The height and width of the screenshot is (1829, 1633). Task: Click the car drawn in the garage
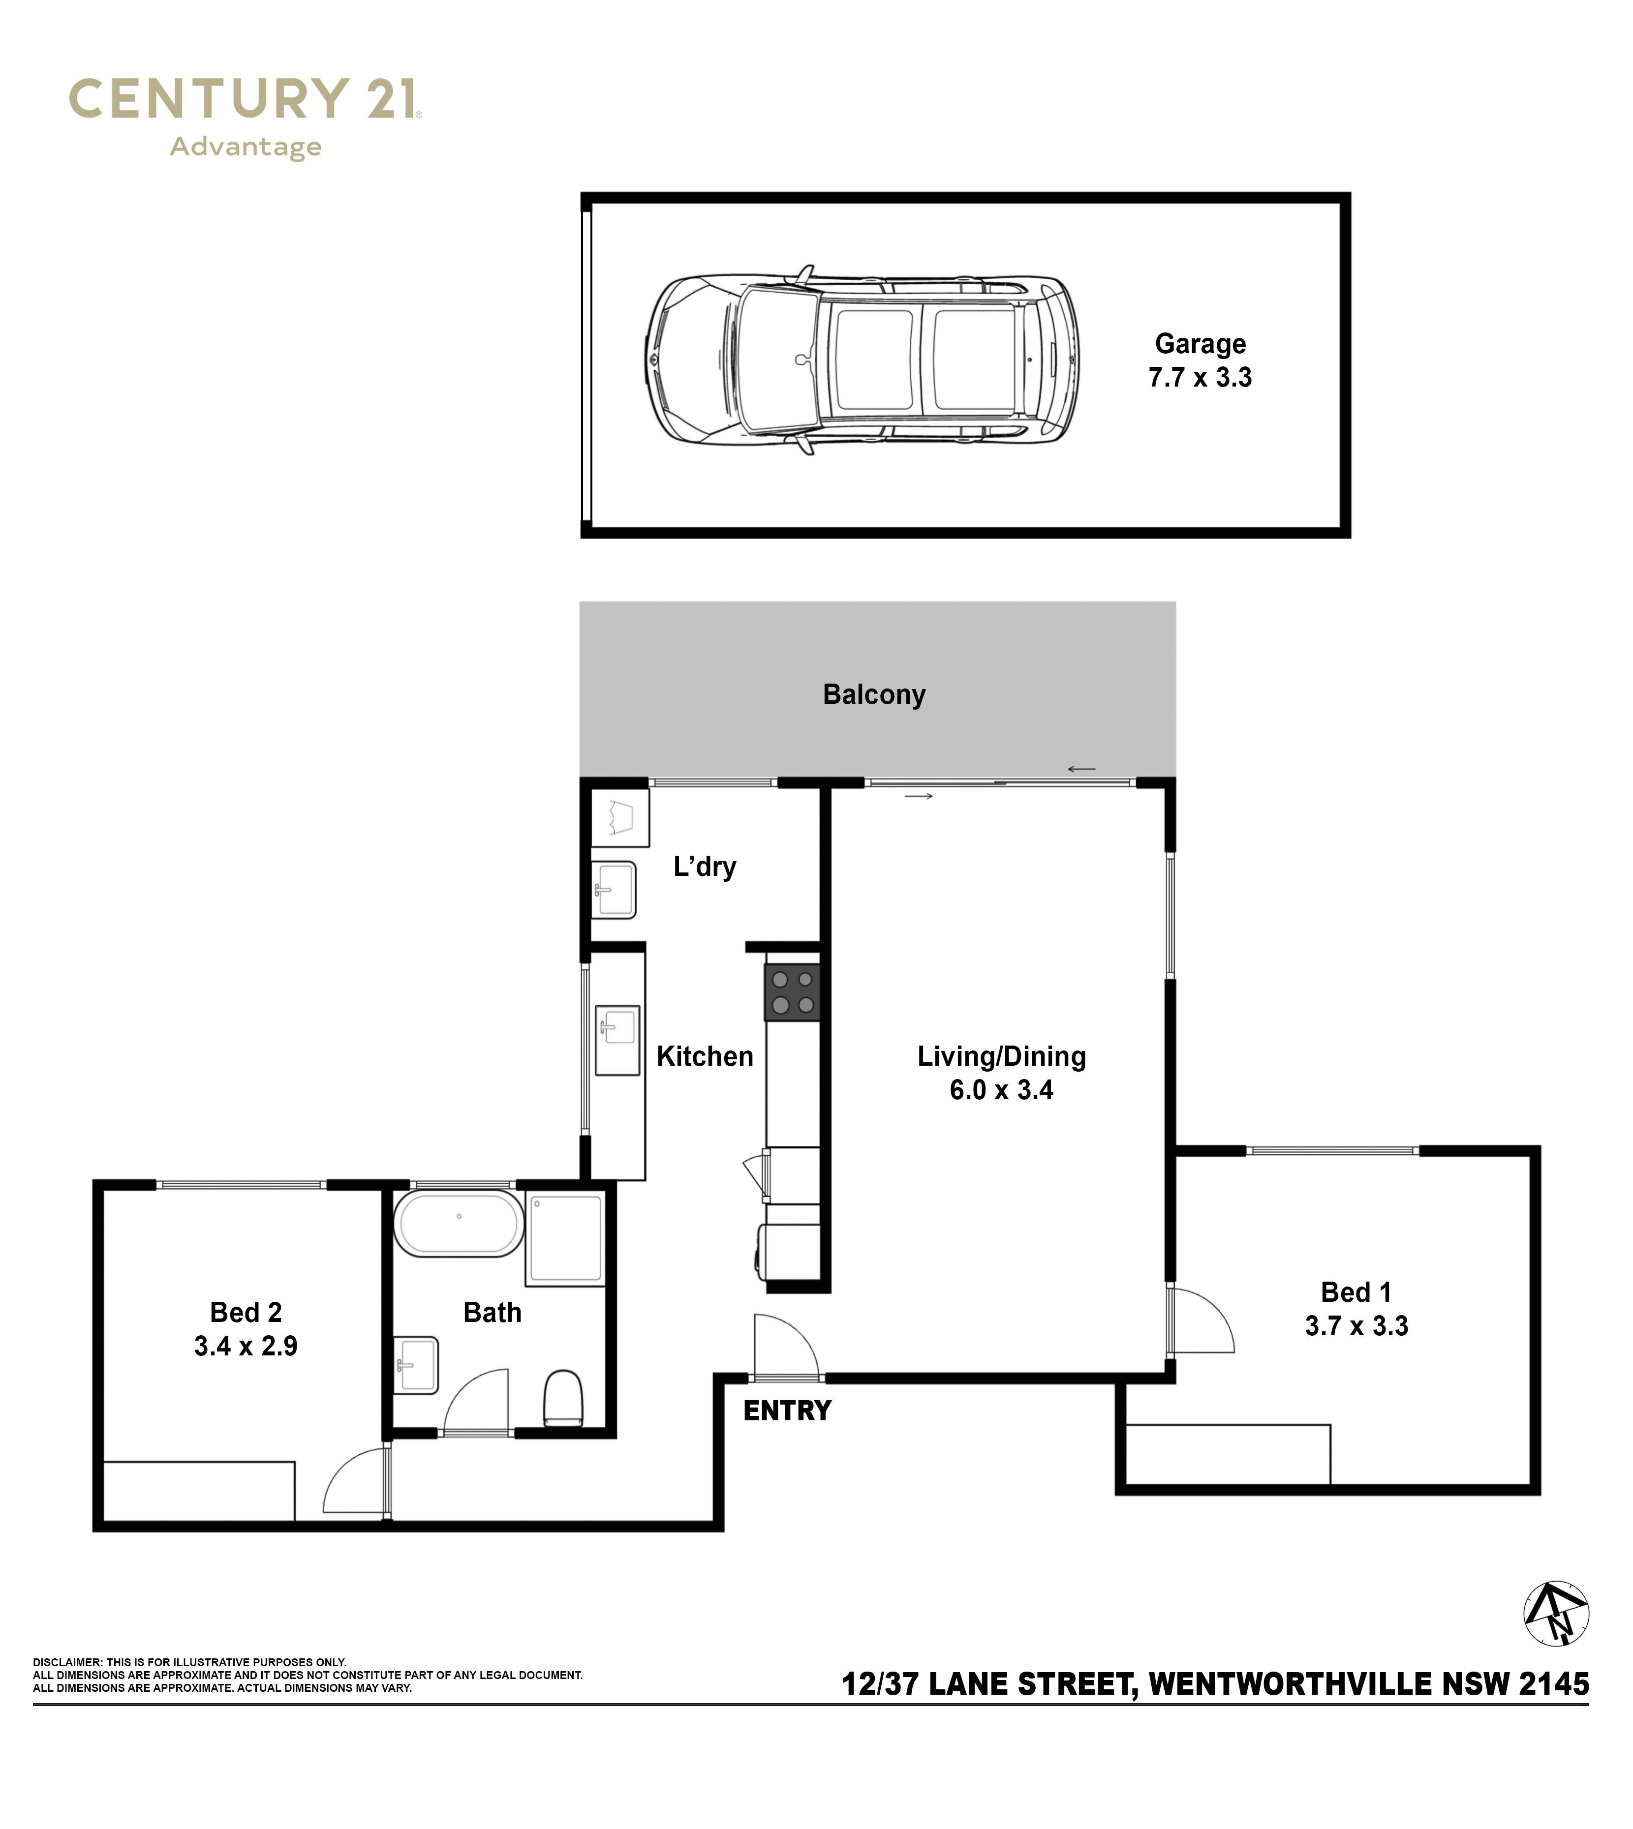click(x=863, y=360)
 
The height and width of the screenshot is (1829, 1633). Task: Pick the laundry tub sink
click(x=614, y=890)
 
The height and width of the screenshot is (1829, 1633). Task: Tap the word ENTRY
click(x=787, y=1411)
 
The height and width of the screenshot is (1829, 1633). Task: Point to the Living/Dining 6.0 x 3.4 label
click(x=1001, y=1073)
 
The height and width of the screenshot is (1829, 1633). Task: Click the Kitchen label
click(x=705, y=1057)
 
